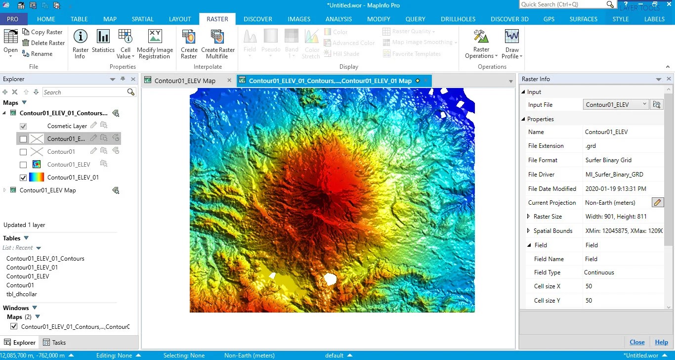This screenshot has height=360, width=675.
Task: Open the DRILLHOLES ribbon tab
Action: (x=458, y=19)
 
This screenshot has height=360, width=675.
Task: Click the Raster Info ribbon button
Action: (x=81, y=43)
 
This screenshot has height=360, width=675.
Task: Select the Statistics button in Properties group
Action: (x=103, y=43)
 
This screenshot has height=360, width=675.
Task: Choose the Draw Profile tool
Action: (x=512, y=43)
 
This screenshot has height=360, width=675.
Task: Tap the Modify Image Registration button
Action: (x=155, y=43)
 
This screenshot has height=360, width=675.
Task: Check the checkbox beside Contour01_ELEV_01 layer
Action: (x=23, y=178)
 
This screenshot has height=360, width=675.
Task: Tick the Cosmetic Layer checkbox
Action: (x=23, y=126)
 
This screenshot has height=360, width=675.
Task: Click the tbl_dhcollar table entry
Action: (x=22, y=294)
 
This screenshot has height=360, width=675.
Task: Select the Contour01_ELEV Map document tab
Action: (x=185, y=81)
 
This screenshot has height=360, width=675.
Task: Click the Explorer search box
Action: (x=84, y=92)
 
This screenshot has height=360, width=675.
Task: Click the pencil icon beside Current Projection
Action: (x=657, y=202)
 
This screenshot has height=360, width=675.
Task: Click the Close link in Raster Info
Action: (x=637, y=342)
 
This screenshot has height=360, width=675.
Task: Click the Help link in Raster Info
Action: (x=661, y=342)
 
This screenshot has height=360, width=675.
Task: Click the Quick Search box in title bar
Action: (x=563, y=4)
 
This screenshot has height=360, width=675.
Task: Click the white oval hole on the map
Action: (x=330, y=279)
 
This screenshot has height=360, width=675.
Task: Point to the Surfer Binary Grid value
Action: (x=608, y=160)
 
